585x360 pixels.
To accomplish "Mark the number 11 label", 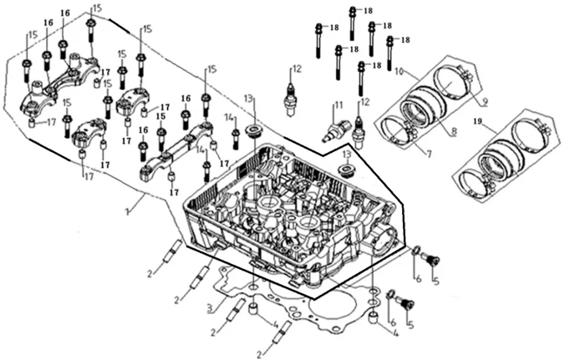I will [338, 105].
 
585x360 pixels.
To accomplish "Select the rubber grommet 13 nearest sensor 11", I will [343, 170].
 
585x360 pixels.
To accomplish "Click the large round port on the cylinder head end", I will [387, 242].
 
